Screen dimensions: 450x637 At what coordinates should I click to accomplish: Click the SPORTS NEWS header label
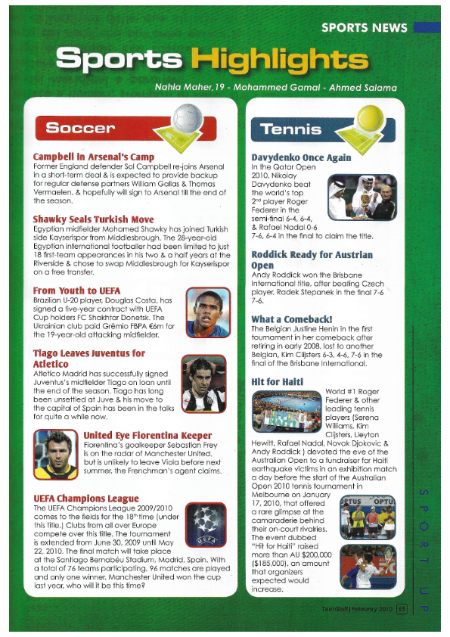coord(364,28)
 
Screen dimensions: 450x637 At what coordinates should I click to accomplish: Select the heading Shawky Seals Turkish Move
coord(93,219)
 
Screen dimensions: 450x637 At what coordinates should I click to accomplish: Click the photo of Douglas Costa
coord(207,312)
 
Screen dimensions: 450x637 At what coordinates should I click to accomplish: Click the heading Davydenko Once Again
coord(300,157)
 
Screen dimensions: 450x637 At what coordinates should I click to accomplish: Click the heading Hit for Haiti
coord(277,381)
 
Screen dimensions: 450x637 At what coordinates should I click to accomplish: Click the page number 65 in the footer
coord(402,605)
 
